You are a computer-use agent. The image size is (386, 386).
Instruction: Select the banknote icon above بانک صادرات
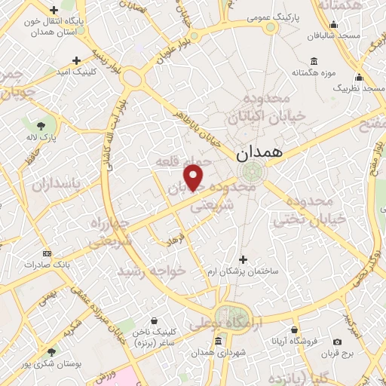47,253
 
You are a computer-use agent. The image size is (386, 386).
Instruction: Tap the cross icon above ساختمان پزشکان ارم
241,259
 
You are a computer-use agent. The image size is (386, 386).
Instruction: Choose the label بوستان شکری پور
51,364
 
